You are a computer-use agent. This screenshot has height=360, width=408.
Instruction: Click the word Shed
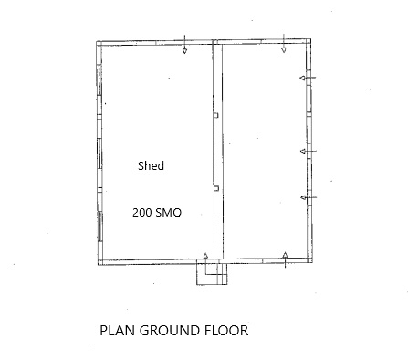click(x=151, y=165)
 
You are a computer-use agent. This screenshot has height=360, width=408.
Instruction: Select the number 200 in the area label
click(x=141, y=212)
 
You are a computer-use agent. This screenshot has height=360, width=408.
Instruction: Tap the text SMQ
click(x=168, y=213)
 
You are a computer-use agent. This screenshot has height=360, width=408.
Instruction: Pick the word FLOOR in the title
click(x=226, y=331)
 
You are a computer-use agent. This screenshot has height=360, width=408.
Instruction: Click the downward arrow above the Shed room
click(x=184, y=45)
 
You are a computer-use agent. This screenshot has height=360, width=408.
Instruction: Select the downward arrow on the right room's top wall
click(x=284, y=44)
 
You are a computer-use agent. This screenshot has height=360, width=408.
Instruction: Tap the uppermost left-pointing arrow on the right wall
click(x=308, y=78)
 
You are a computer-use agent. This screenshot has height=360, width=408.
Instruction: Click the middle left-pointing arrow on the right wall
click(x=309, y=151)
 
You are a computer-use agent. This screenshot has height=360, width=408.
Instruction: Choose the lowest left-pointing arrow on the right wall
click(x=309, y=197)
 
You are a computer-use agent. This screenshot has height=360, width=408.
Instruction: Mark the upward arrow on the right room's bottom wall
click(x=285, y=260)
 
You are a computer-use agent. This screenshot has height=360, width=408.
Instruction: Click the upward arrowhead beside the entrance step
click(x=205, y=256)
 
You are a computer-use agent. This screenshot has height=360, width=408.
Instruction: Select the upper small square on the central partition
click(x=216, y=115)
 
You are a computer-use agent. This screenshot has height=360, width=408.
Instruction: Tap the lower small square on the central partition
click(x=216, y=188)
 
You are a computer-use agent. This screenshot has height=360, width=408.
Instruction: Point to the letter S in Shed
click(x=141, y=165)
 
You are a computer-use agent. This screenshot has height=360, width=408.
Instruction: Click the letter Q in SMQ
click(x=177, y=213)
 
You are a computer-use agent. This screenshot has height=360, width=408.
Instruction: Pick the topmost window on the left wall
click(x=99, y=80)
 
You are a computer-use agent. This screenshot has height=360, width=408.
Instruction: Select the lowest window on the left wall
click(x=100, y=227)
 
